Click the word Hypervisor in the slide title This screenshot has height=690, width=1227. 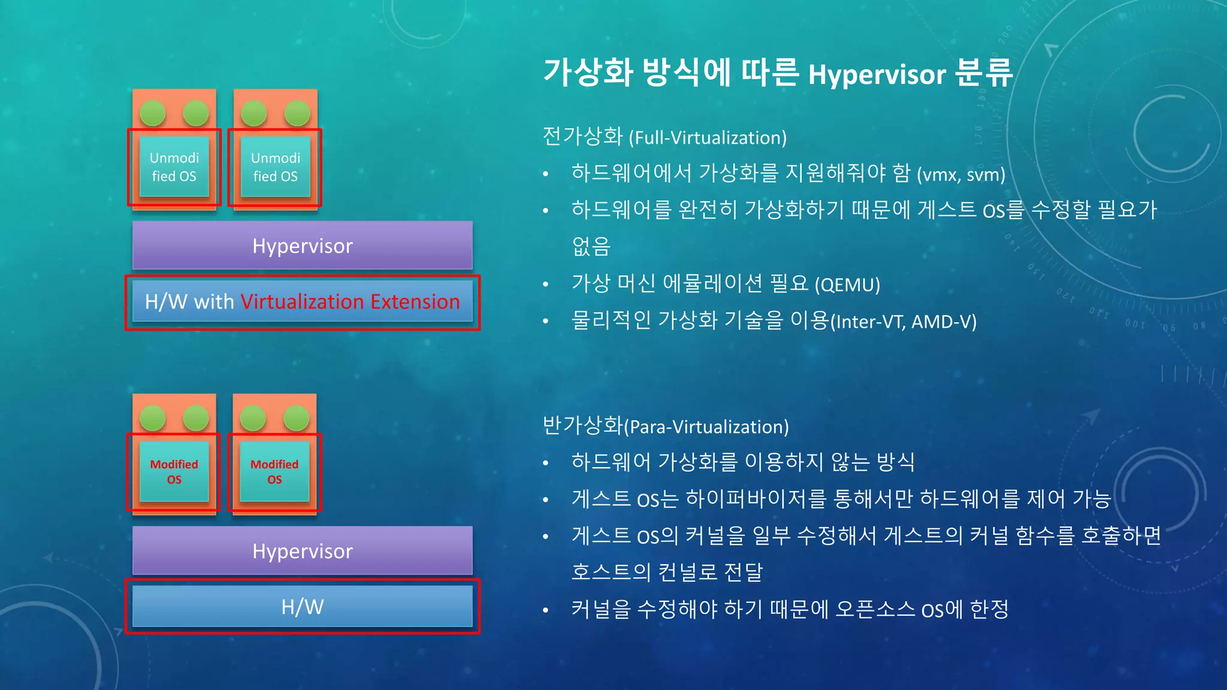(x=877, y=75)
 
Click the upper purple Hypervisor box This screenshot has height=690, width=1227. (x=302, y=246)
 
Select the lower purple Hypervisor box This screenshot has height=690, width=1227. (x=302, y=550)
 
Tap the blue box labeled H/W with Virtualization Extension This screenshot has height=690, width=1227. (x=302, y=301)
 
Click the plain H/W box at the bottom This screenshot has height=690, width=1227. (x=302, y=606)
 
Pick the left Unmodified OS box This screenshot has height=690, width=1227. (x=174, y=167)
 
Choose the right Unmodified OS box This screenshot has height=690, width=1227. (x=275, y=167)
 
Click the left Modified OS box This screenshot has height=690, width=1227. (x=174, y=471)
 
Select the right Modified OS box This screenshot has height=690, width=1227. (x=274, y=471)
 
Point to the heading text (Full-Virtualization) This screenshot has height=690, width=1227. (x=708, y=138)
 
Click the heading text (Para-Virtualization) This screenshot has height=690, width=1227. (x=706, y=427)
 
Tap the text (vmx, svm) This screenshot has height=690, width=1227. (x=960, y=174)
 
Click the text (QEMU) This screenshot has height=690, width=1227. (x=847, y=285)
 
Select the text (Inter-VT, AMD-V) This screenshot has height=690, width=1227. (x=903, y=322)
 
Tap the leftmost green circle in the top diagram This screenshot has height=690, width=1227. (x=152, y=113)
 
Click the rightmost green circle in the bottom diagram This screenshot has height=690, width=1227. (x=297, y=417)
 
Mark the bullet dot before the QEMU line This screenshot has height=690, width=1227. (x=545, y=285)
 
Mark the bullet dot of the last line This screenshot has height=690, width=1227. (x=545, y=610)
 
